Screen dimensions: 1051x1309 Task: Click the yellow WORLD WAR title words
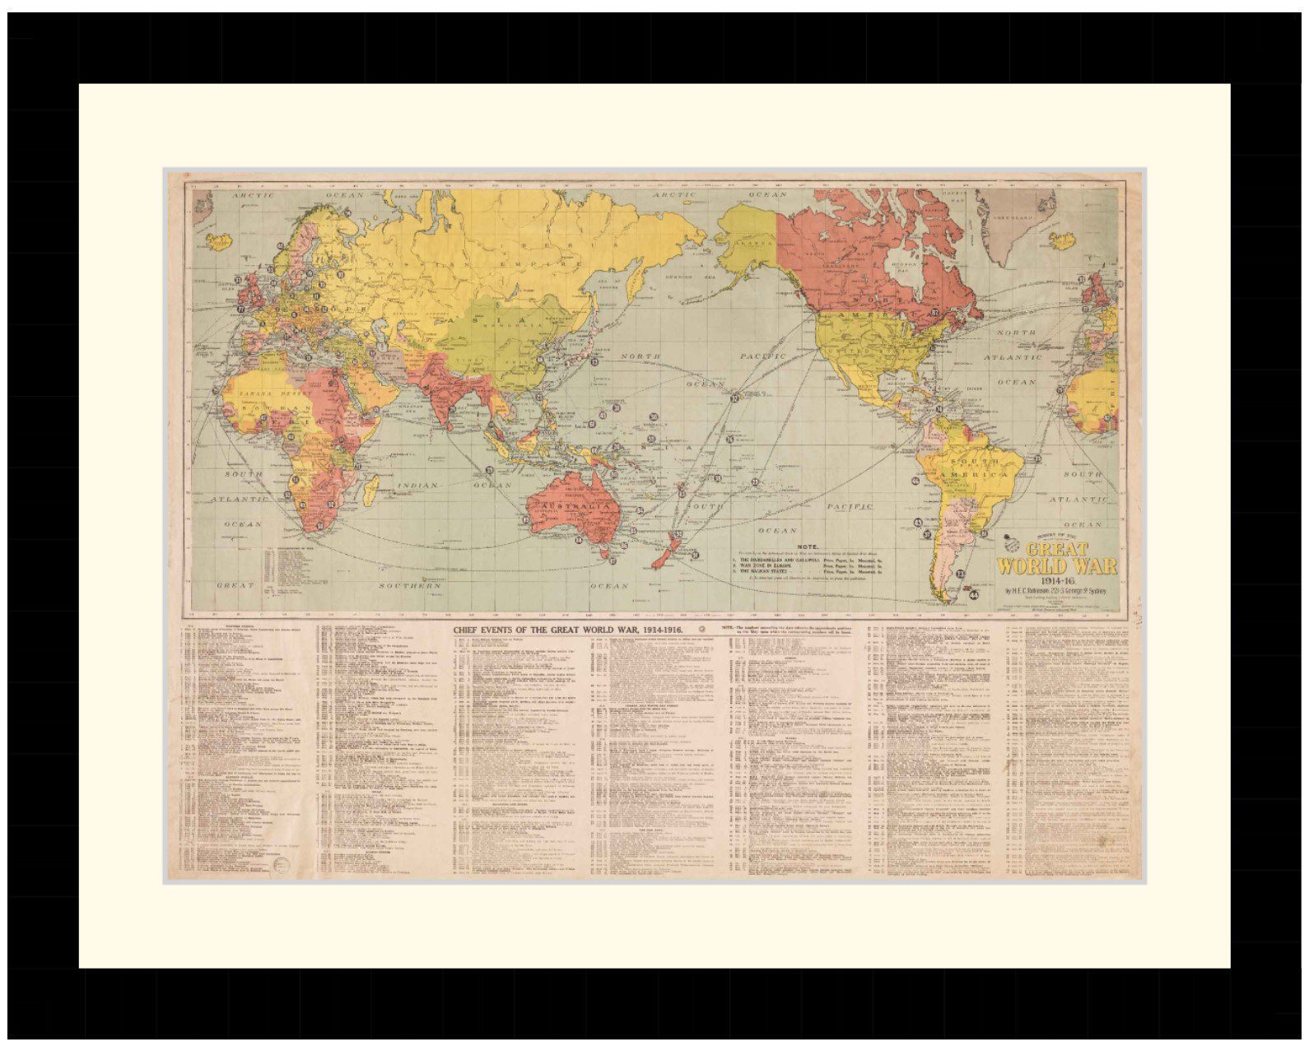click(1057, 566)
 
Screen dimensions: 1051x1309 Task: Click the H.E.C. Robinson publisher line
click(1057, 591)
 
